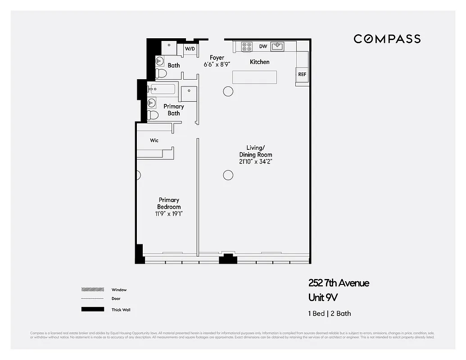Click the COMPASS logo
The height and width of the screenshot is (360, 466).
click(387, 39)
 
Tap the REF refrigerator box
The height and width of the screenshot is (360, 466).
click(302, 74)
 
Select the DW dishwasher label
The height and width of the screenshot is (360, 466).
click(263, 46)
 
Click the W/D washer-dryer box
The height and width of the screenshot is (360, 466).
click(190, 49)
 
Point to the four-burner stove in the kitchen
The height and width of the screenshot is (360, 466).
click(247, 46)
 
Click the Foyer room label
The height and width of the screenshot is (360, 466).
click(217, 58)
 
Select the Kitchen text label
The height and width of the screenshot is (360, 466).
click(259, 62)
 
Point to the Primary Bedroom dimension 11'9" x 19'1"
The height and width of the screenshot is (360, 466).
click(169, 214)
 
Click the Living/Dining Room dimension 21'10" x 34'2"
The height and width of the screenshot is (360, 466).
click(256, 162)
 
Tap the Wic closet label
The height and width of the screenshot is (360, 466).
click(154, 140)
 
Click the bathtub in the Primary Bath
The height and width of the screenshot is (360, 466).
click(163, 89)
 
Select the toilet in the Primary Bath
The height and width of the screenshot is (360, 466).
click(153, 115)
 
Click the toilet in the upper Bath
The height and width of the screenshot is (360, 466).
click(161, 73)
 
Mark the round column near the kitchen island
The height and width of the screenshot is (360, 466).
click(228, 91)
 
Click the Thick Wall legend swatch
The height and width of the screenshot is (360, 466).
click(92, 310)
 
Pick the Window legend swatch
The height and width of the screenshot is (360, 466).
click(92, 290)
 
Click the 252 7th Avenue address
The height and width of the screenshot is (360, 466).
click(339, 283)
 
